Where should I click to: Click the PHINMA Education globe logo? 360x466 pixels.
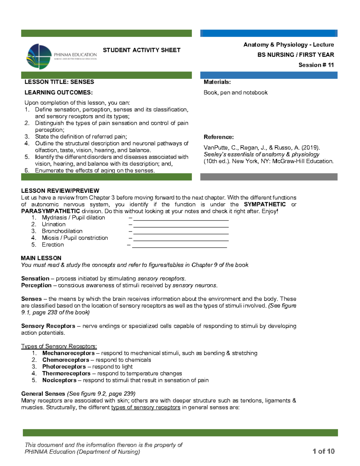coord(39,56)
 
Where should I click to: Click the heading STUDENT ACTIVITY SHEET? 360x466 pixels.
coord(142,50)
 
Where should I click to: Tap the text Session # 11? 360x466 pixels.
coord(316,65)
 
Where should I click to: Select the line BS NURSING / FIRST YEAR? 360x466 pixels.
coord(295,55)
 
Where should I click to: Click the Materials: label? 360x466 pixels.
coord(217,82)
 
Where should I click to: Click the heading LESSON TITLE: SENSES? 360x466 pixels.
coord(59,82)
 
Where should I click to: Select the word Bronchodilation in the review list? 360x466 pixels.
coord(62,231)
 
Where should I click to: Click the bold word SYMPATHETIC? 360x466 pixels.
coord(265,204)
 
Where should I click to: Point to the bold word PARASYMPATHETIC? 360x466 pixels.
coord(50,211)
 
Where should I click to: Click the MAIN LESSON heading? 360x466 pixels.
coord(41,258)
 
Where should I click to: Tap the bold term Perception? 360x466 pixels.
coord(36,285)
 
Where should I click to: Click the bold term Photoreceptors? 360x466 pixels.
coord(64,367)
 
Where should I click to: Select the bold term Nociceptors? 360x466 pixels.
coord(59,380)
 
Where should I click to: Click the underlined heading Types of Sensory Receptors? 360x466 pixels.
coord(59,346)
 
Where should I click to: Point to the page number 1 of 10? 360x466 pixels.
coord(323,451)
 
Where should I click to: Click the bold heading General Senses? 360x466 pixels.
coord(43,394)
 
